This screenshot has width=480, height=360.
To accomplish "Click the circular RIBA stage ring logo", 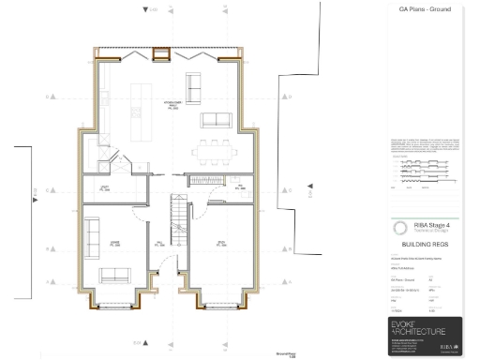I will [x=400, y=227].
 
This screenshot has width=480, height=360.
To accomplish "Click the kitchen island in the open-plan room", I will [x=142, y=105].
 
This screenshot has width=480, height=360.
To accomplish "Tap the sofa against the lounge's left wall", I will [x=93, y=233].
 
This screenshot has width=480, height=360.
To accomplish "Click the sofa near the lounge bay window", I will [x=117, y=274].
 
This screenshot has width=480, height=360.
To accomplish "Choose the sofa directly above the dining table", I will [x=217, y=119].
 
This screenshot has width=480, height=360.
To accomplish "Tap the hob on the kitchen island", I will [x=142, y=94].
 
